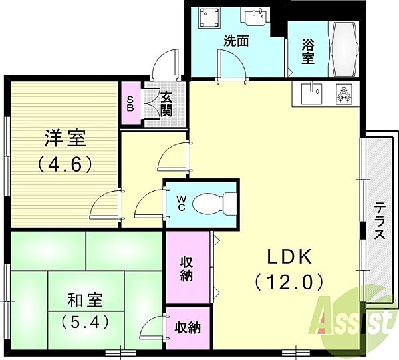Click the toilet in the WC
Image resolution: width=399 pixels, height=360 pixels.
214,203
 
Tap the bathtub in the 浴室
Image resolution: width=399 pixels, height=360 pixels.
344,49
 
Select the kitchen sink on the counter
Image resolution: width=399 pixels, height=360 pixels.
311,94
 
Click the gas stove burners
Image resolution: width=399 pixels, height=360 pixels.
344,94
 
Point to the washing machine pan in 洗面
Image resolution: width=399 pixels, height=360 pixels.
209,17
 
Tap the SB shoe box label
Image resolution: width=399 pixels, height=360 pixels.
130,103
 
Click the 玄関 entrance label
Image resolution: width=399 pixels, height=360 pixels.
166,104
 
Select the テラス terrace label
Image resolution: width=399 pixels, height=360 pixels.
380,220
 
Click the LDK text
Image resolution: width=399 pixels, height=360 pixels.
289,256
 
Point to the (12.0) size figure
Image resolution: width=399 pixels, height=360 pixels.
289,283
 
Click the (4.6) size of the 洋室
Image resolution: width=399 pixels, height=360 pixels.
65,164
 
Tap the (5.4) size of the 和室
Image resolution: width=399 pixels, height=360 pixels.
85,321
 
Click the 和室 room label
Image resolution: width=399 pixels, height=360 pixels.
85,300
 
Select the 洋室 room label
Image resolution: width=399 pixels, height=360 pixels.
65,138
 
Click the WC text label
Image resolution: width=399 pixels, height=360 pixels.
181,203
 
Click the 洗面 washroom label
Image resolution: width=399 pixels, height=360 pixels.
236,41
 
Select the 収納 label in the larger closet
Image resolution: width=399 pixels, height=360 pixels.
186,269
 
